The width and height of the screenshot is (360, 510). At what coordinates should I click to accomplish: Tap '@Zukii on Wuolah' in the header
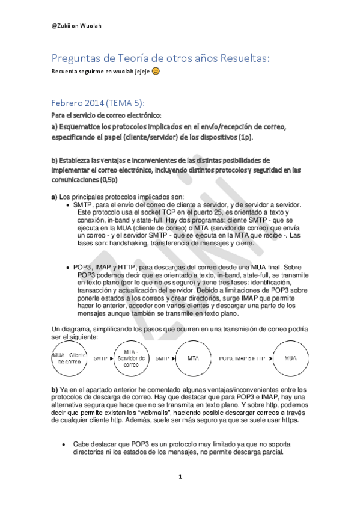click(76, 25)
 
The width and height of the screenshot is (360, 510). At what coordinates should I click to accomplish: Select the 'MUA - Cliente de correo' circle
click(67, 358)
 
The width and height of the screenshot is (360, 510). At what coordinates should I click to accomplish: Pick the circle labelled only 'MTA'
click(193, 358)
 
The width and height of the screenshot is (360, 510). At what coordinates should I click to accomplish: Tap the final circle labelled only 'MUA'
click(290, 358)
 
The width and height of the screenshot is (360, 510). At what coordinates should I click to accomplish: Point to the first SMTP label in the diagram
click(100, 358)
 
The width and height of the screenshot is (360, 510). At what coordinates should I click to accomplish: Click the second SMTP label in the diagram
click(162, 358)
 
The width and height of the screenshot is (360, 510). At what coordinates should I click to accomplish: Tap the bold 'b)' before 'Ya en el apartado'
click(54, 390)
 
